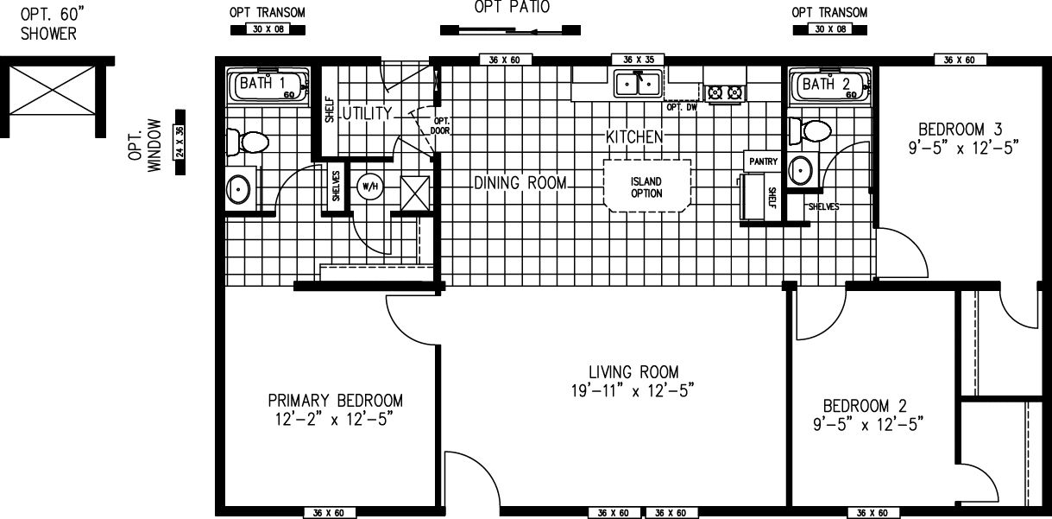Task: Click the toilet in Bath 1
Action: point(248,142)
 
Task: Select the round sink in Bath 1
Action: point(239,187)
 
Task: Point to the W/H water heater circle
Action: point(369,186)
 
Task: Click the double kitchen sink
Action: point(638,84)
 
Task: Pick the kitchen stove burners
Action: point(725,92)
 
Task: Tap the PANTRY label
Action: point(763,161)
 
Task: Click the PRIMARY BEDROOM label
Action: point(335,401)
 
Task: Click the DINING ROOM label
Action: point(520,183)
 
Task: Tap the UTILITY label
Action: point(366,113)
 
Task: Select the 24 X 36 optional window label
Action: point(180,142)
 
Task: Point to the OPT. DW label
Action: point(681,108)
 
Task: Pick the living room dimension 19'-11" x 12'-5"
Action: point(636,390)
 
